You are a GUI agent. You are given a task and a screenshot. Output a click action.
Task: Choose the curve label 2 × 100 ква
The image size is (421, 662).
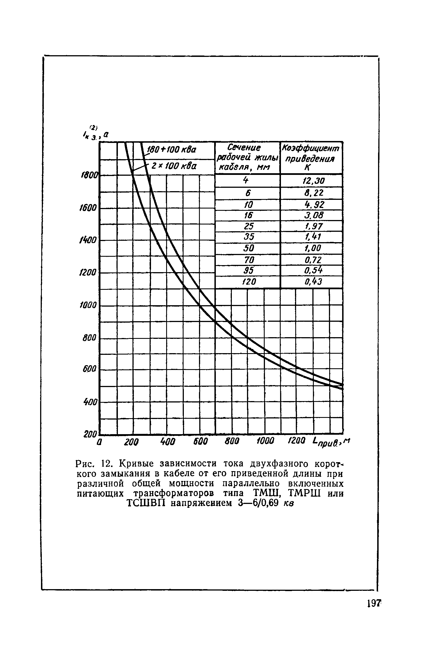coord(173,166)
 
